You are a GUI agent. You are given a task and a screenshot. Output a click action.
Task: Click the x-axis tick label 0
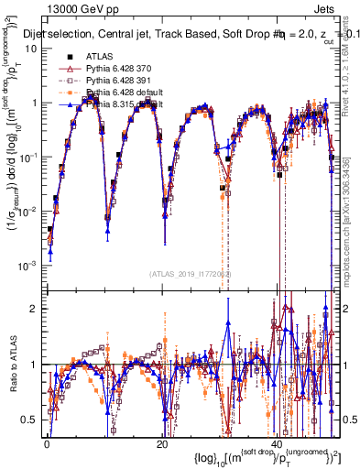pyautogui.click(x=47, y=442)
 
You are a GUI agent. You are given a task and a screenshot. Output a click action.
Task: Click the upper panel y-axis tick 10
pyautogui.click(x=31, y=49)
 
